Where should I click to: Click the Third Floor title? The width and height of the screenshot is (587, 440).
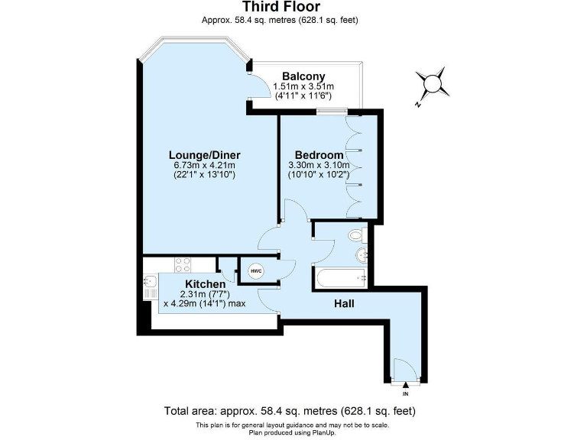pos(293,8)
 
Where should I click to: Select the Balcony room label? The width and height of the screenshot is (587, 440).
pos(303,76)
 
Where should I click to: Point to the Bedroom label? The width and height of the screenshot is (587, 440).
pos(319,155)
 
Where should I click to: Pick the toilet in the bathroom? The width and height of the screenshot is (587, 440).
pos(356,235)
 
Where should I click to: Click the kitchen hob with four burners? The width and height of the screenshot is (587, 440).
pos(183,265)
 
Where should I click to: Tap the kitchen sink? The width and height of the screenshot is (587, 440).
pos(148,287)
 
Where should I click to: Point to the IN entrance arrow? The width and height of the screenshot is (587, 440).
pos(405,386)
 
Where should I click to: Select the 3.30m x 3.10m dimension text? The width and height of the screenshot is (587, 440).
pos(319,165)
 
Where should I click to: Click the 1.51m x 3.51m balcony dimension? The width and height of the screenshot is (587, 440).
pos(303,87)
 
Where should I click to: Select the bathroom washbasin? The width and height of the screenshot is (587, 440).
pos(362,254)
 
